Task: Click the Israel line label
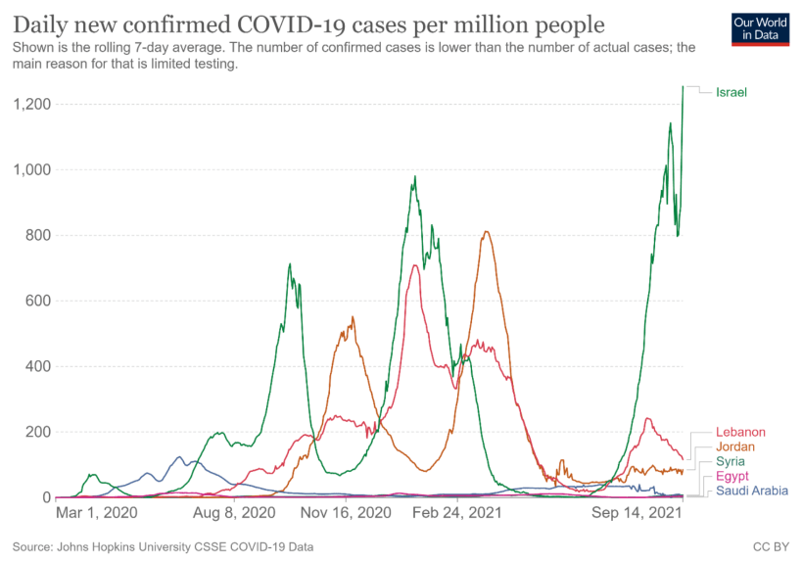click(731, 92)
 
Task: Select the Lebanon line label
click(740, 432)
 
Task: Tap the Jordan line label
click(736, 446)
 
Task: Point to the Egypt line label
click(732, 476)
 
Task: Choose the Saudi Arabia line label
click(751, 491)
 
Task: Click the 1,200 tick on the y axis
click(32, 104)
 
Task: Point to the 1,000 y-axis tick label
click(32, 169)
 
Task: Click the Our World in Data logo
click(760, 29)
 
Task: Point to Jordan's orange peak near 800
click(486, 232)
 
